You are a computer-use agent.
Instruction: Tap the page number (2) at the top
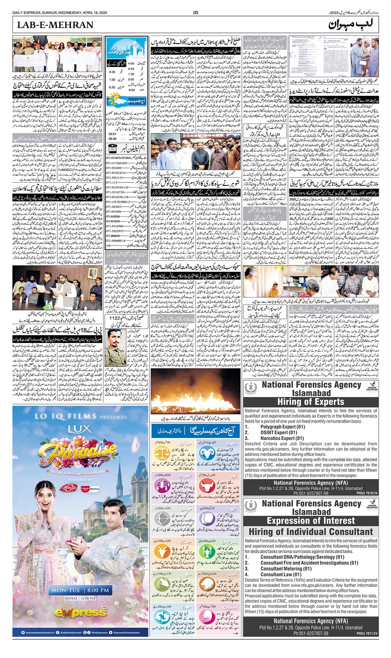[195, 13]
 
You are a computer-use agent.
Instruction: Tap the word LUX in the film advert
[78, 442]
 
